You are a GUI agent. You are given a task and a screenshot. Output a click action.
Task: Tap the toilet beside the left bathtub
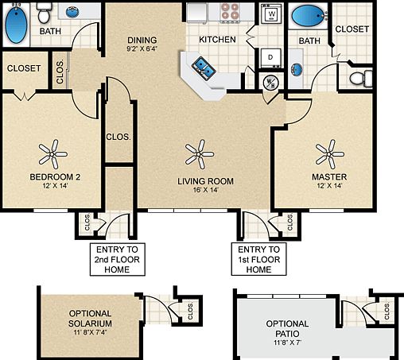pos(45,13)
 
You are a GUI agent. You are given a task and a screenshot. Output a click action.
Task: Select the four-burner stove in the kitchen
pos(231,12)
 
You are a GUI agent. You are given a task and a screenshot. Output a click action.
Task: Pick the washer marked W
pos(272,14)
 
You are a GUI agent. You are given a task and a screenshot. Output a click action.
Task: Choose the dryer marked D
pos(270,58)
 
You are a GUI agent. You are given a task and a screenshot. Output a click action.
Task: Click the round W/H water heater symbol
pos(270,82)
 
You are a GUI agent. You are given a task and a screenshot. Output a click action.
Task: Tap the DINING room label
pos(142,41)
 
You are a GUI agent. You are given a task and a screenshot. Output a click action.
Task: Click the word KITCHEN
pos(216,38)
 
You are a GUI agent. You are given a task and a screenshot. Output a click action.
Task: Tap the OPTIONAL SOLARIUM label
pos(90,319)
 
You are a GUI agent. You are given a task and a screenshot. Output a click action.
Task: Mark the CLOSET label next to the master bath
pos(352,29)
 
